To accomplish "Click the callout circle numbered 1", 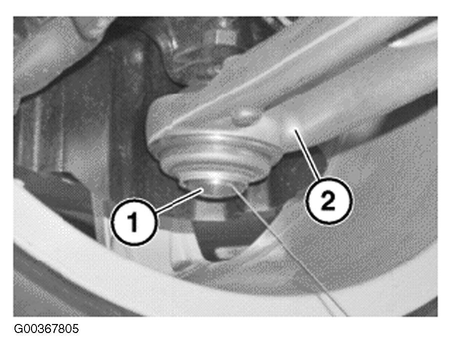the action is click(x=134, y=221).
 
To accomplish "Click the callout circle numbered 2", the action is click(x=329, y=200).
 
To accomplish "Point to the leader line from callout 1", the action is click(x=178, y=201).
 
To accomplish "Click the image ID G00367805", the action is click(x=46, y=329).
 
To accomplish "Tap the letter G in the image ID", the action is click(x=18, y=329).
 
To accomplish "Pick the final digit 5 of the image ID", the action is click(x=75, y=329).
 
